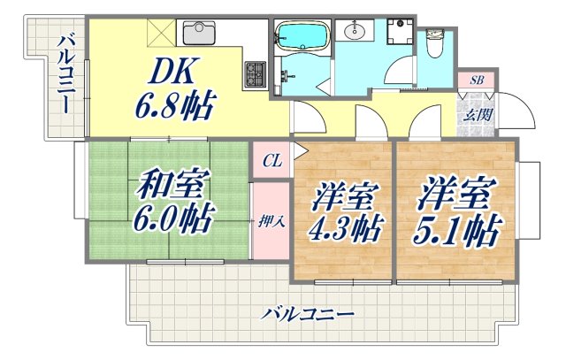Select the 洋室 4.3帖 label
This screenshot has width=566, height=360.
coord(345,212)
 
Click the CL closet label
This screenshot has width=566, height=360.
coord(272,161)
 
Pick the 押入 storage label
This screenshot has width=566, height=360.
coord(272,221)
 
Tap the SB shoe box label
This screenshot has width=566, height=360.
coord(477,80)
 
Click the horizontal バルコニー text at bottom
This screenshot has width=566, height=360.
coord(309,314)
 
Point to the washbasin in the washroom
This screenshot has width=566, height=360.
coord(356,32)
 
